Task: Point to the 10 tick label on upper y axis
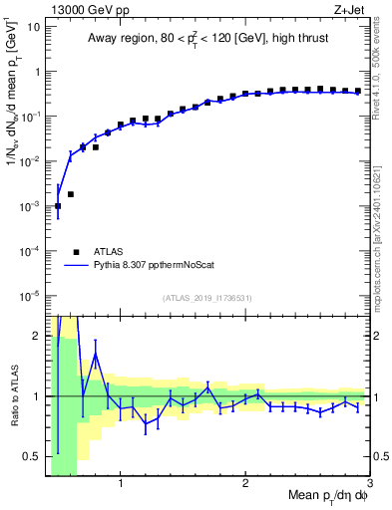point(32,27)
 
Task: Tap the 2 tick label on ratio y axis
point(36,335)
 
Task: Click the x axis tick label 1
point(121,485)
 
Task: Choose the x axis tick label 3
point(370,485)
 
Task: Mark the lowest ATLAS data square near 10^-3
point(58,206)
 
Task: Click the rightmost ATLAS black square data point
point(357,92)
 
